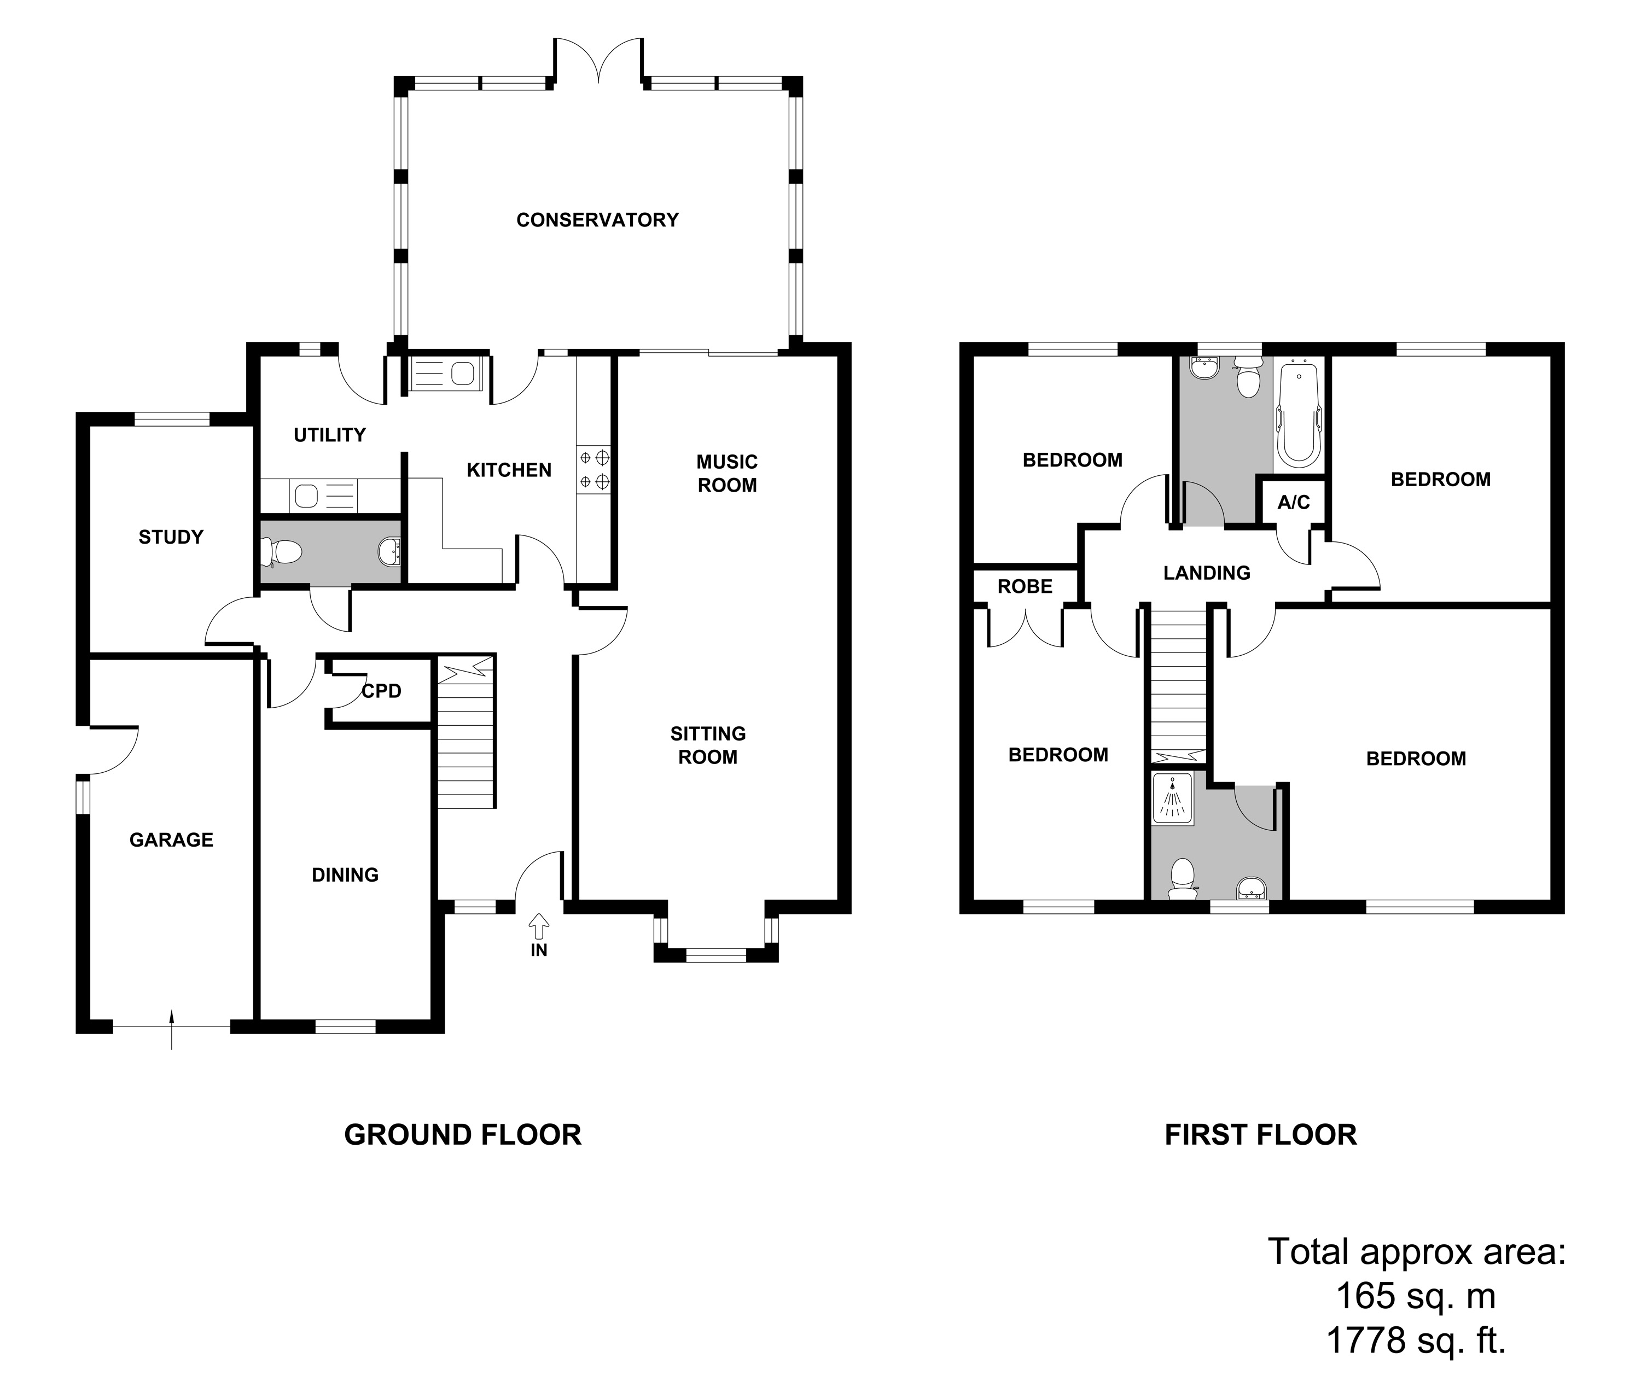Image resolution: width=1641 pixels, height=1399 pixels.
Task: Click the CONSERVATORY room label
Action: coord(597,220)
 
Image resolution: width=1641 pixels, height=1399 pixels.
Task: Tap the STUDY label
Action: coord(171,538)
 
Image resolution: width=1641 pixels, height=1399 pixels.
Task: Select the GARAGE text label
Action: coord(171,840)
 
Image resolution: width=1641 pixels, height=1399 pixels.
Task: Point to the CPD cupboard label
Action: coord(382,691)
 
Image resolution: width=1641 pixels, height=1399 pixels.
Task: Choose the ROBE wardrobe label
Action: coord(1025,587)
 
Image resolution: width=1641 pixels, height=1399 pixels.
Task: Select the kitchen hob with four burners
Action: coord(594,469)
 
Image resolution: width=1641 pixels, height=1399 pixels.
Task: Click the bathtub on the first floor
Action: coord(1297,413)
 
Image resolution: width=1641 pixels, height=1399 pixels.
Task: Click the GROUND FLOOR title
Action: coord(463,1134)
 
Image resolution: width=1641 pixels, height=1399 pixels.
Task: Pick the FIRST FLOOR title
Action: coord(1260,1134)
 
